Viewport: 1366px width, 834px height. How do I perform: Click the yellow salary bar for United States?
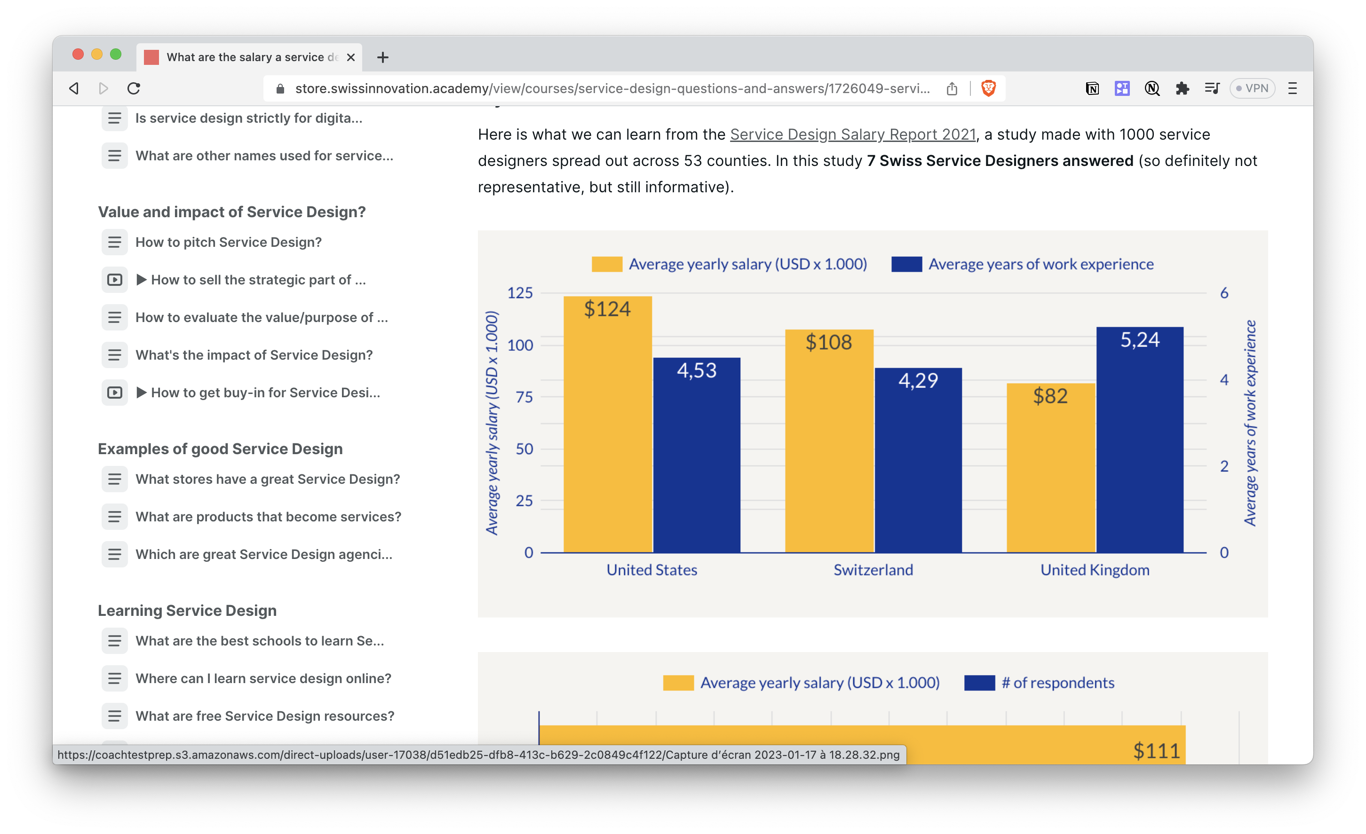point(608,432)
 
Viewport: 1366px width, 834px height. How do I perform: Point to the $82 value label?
point(1050,396)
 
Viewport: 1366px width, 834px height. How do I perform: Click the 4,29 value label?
point(918,381)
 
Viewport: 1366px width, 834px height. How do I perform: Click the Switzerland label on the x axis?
point(873,570)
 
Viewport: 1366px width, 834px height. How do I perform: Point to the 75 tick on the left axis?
point(524,397)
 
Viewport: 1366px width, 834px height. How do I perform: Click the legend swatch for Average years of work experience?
point(906,264)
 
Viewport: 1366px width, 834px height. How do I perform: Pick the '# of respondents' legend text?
point(1058,683)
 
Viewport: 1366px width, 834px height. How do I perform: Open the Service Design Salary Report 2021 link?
point(853,134)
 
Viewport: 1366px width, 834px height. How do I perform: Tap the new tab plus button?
point(382,57)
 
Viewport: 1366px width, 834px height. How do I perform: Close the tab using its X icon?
point(351,57)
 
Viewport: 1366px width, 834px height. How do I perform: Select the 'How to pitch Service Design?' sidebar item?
point(229,242)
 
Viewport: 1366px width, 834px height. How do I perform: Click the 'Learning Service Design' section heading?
point(187,610)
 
